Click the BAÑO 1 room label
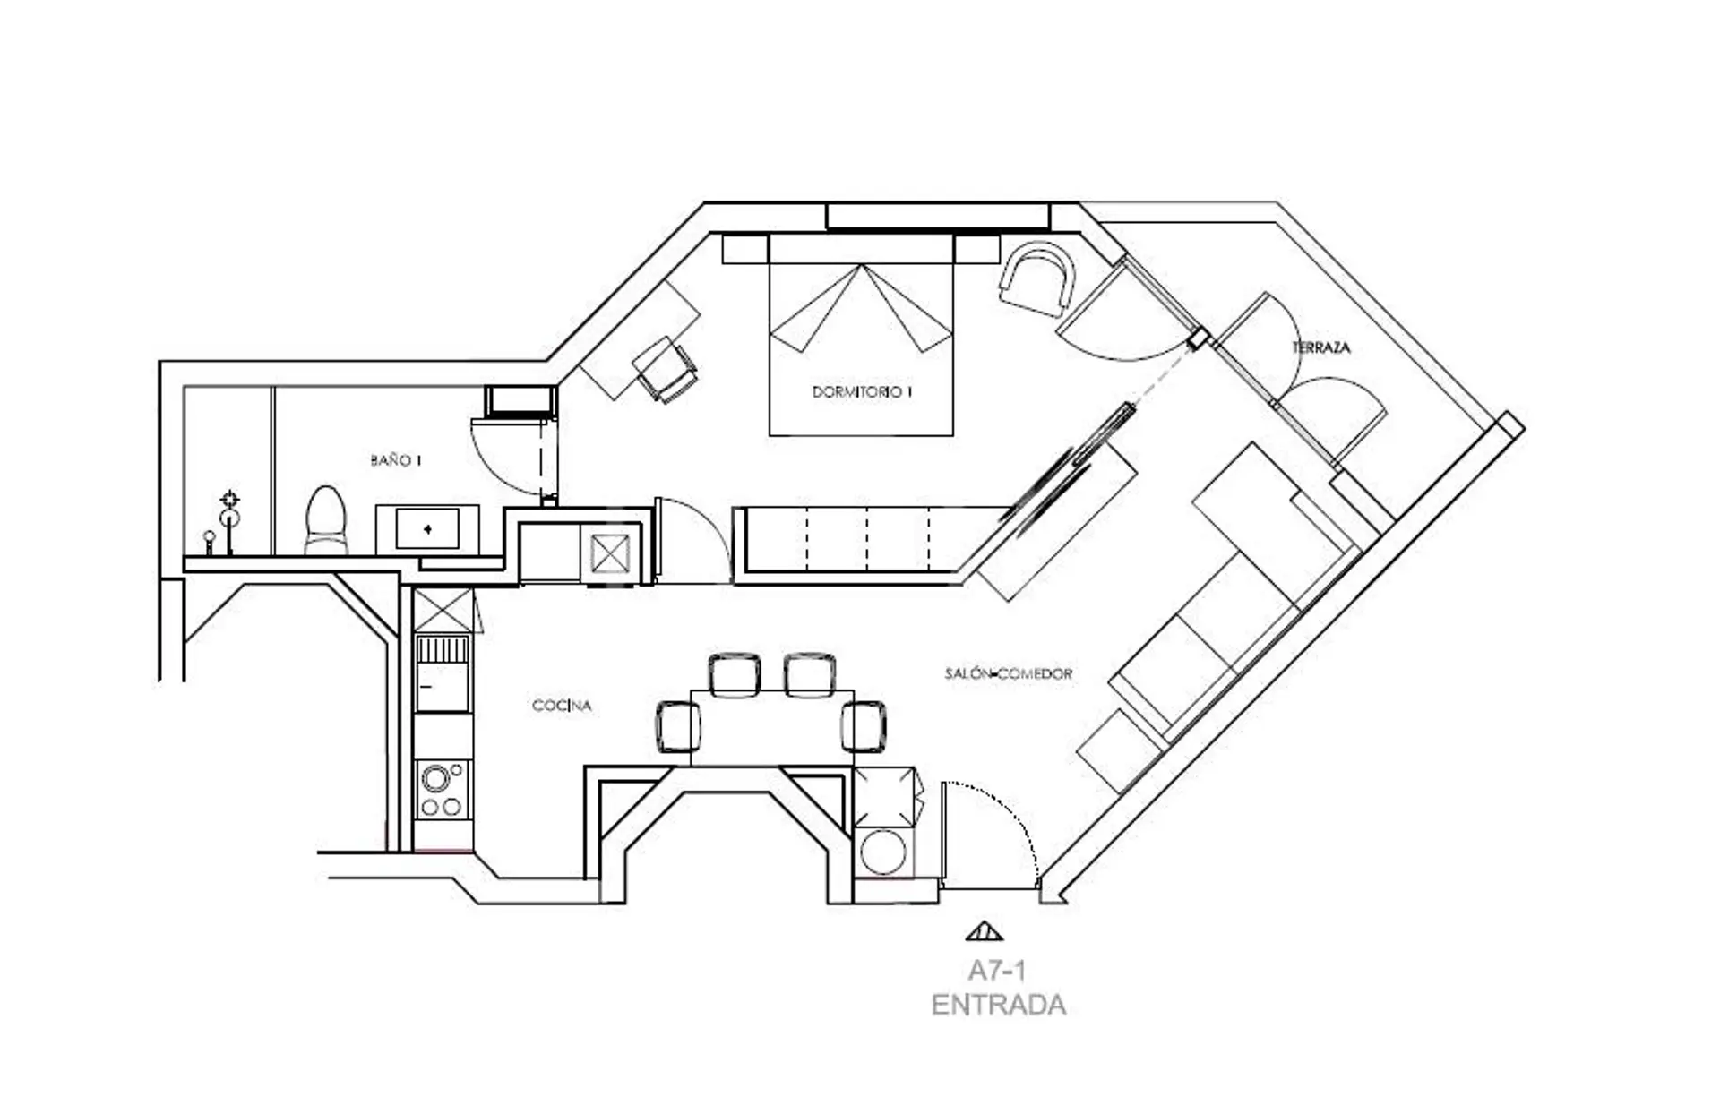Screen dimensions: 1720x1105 [x=395, y=460]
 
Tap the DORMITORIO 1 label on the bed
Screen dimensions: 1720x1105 [x=862, y=391]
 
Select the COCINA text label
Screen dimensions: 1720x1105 [x=562, y=706]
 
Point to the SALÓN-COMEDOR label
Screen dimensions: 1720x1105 [x=1008, y=673]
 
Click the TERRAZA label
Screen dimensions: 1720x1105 [x=1320, y=347]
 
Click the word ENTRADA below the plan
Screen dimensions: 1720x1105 [x=998, y=1005]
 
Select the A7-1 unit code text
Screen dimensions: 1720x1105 [x=996, y=971]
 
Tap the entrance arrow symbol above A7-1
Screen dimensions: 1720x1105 [x=985, y=931]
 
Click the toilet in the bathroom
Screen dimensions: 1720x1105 [x=325, y=521]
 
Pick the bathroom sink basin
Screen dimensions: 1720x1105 [x=427, y=529]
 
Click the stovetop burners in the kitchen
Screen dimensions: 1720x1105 [x=443, y=789]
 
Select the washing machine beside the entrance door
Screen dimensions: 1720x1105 [x=884, y=852]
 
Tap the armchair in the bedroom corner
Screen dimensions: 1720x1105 [x=1036, y=278]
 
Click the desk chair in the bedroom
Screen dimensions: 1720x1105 [x=666, y=369]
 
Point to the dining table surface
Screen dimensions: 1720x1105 [x=772, y=728]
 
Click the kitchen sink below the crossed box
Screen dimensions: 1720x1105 [x=443, y=672]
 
